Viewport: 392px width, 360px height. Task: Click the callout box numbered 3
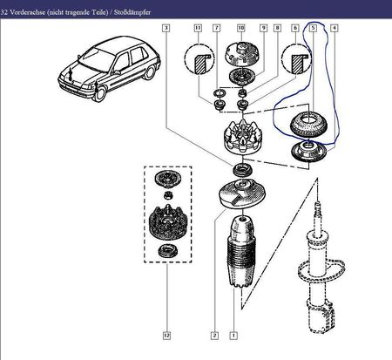pyautogui.click(x=166, y=28)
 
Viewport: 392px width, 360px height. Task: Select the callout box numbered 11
pyautogui.click(x=198, y=28)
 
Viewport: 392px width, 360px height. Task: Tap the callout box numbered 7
pyautogui.click(x=217, y=28)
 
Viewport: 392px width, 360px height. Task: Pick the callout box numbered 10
pyautogui.click(x=241, y=28)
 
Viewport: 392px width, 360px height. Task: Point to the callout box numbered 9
pyautogui.click(x=263, y=28)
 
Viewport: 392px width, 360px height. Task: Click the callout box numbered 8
pyautogui.click(x=277, y=28)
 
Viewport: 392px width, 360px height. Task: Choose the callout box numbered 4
pyautogui.click(x=335, y=28)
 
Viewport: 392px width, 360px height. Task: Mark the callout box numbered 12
pyautogui.click(x=166, y=336)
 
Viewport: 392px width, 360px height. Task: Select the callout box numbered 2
pyautogui.click(x=214, y=336)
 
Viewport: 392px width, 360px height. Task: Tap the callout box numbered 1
pyautogui.click(x=233, y=336)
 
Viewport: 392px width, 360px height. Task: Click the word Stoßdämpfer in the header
pyautogui.click(x=132, y=12)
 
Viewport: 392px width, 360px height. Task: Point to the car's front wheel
pyautogui.click(x=99, y=93)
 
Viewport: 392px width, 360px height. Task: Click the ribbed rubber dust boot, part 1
pyautogui.click(x=241, y=252)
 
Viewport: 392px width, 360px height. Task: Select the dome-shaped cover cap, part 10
pyautogui.click(x=241, y=55)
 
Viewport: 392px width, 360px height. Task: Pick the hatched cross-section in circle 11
pyautogui.click(x=199, y=64)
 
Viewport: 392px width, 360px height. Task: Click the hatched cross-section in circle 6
pyautogui.click(x=297, y=64)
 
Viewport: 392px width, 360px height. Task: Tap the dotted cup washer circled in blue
pyautogui.click(x=308, y=125)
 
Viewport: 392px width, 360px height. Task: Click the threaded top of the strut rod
pyautogui.click(x=318, y=208)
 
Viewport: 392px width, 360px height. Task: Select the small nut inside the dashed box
pyautogui.click(x=167, y=195)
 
